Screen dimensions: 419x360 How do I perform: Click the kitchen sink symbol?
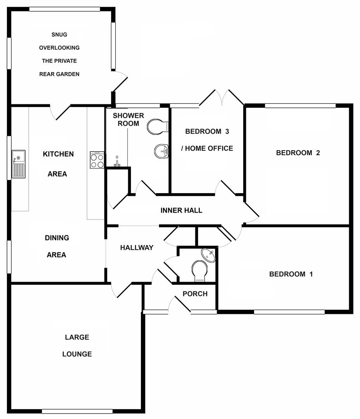coord(18,164)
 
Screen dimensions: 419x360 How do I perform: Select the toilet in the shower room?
coord(158,126)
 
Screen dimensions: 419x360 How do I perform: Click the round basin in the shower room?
coord(161,151)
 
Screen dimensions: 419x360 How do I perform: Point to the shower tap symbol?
coord(117,163)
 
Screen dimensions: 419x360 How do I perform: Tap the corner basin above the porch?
coord(209,255)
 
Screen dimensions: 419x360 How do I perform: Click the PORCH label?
coord(195,294)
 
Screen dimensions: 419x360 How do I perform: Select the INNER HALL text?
coord(181,210)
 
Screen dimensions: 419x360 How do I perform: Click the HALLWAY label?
coord(137,248)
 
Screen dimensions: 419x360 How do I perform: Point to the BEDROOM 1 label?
coord(291,274)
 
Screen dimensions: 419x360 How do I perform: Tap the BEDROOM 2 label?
coord(298,153)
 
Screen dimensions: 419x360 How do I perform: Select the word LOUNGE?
coord(77,354)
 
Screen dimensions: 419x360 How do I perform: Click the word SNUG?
coord(59,35)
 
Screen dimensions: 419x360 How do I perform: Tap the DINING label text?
coord(57,238)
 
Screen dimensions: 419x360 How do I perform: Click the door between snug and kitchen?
coord(60,112)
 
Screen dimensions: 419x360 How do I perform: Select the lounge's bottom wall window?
coord(77,411)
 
